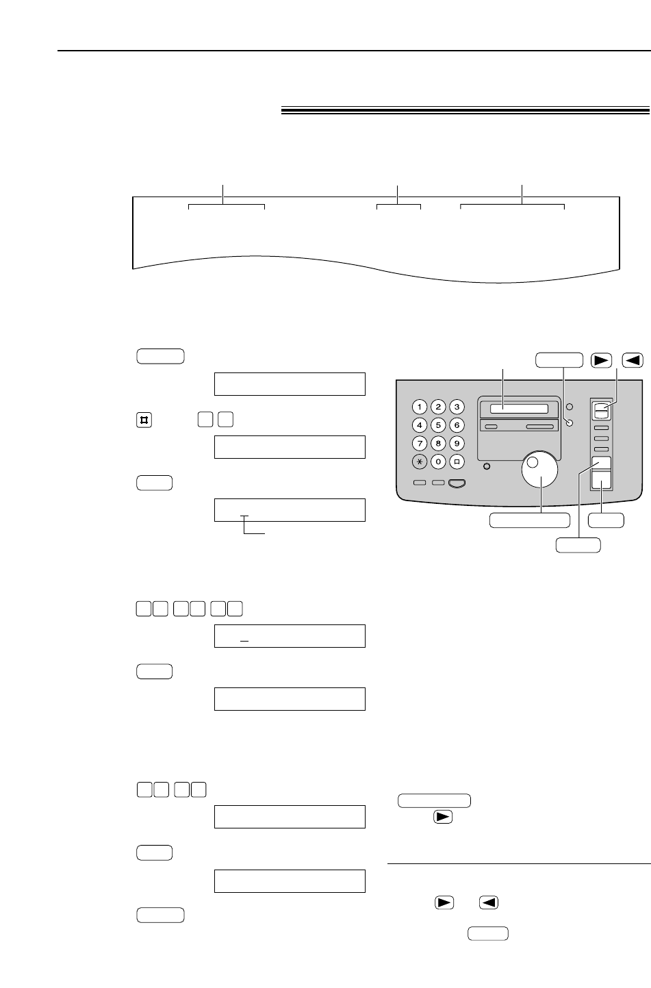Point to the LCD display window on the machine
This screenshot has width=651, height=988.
click(x=514, y=409)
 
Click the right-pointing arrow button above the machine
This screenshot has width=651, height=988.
click(x=602, y=359)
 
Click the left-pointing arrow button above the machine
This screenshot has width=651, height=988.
click(x=633, y=359)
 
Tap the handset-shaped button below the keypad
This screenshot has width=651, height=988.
click(x=457, y=483)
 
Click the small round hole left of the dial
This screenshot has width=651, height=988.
click(x=487, y=467)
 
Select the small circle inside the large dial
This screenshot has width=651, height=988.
click(x=533, y=462)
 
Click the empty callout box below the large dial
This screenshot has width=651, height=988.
click(x=530, y=520)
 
